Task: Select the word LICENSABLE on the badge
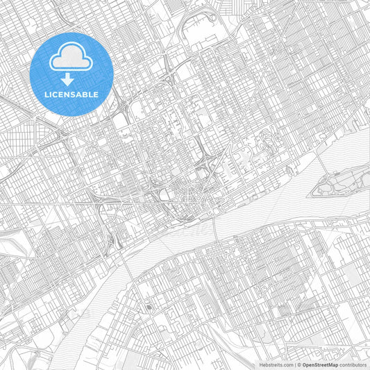(72, 94)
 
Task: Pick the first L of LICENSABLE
(47, 94)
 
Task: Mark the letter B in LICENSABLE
(87, 94)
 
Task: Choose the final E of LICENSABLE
(96, 94)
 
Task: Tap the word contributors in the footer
(353, 364)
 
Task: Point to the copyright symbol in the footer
(298, 364)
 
